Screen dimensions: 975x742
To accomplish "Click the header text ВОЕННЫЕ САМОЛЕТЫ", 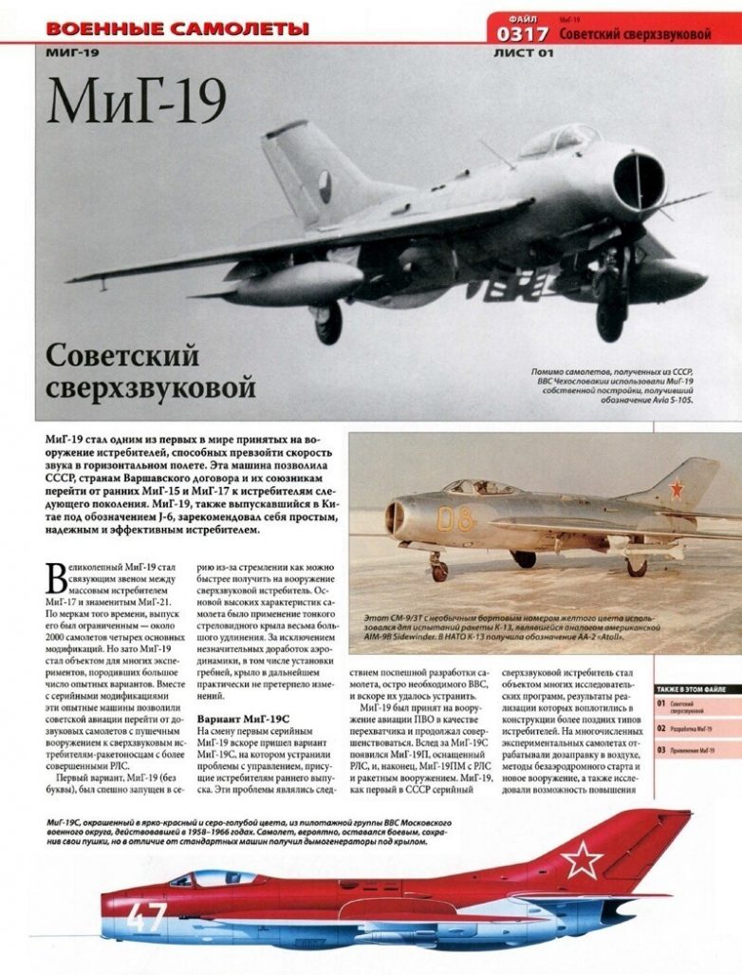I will (x=177, y=28).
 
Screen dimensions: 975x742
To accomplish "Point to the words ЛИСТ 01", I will (x=523, y=53).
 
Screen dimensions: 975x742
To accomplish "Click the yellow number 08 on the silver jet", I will (x=454, y=518).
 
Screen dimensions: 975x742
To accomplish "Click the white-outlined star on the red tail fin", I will (x=581, y=861).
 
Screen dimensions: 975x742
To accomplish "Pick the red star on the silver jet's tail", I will (x=677, y=490).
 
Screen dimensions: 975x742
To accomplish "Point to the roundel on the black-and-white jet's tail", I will (x=325, y=182).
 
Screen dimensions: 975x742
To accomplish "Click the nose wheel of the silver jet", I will (x=438, y=572).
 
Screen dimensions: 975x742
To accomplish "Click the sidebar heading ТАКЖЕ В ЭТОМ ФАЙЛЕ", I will (x=696, y=688).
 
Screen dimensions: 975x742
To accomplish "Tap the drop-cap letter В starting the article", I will (x=55, y=578).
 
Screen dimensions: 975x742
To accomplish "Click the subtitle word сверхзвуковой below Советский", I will (x=150, y=388).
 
